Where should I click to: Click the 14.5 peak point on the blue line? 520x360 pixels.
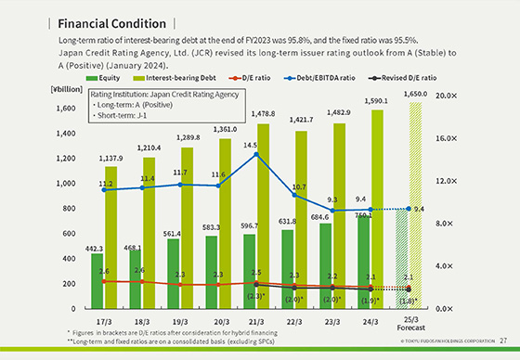(258, 154)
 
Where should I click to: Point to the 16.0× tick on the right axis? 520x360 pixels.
(470, 138)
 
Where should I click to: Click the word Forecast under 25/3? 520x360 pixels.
(409, 328)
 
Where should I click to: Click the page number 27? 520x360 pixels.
(502, 341)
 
